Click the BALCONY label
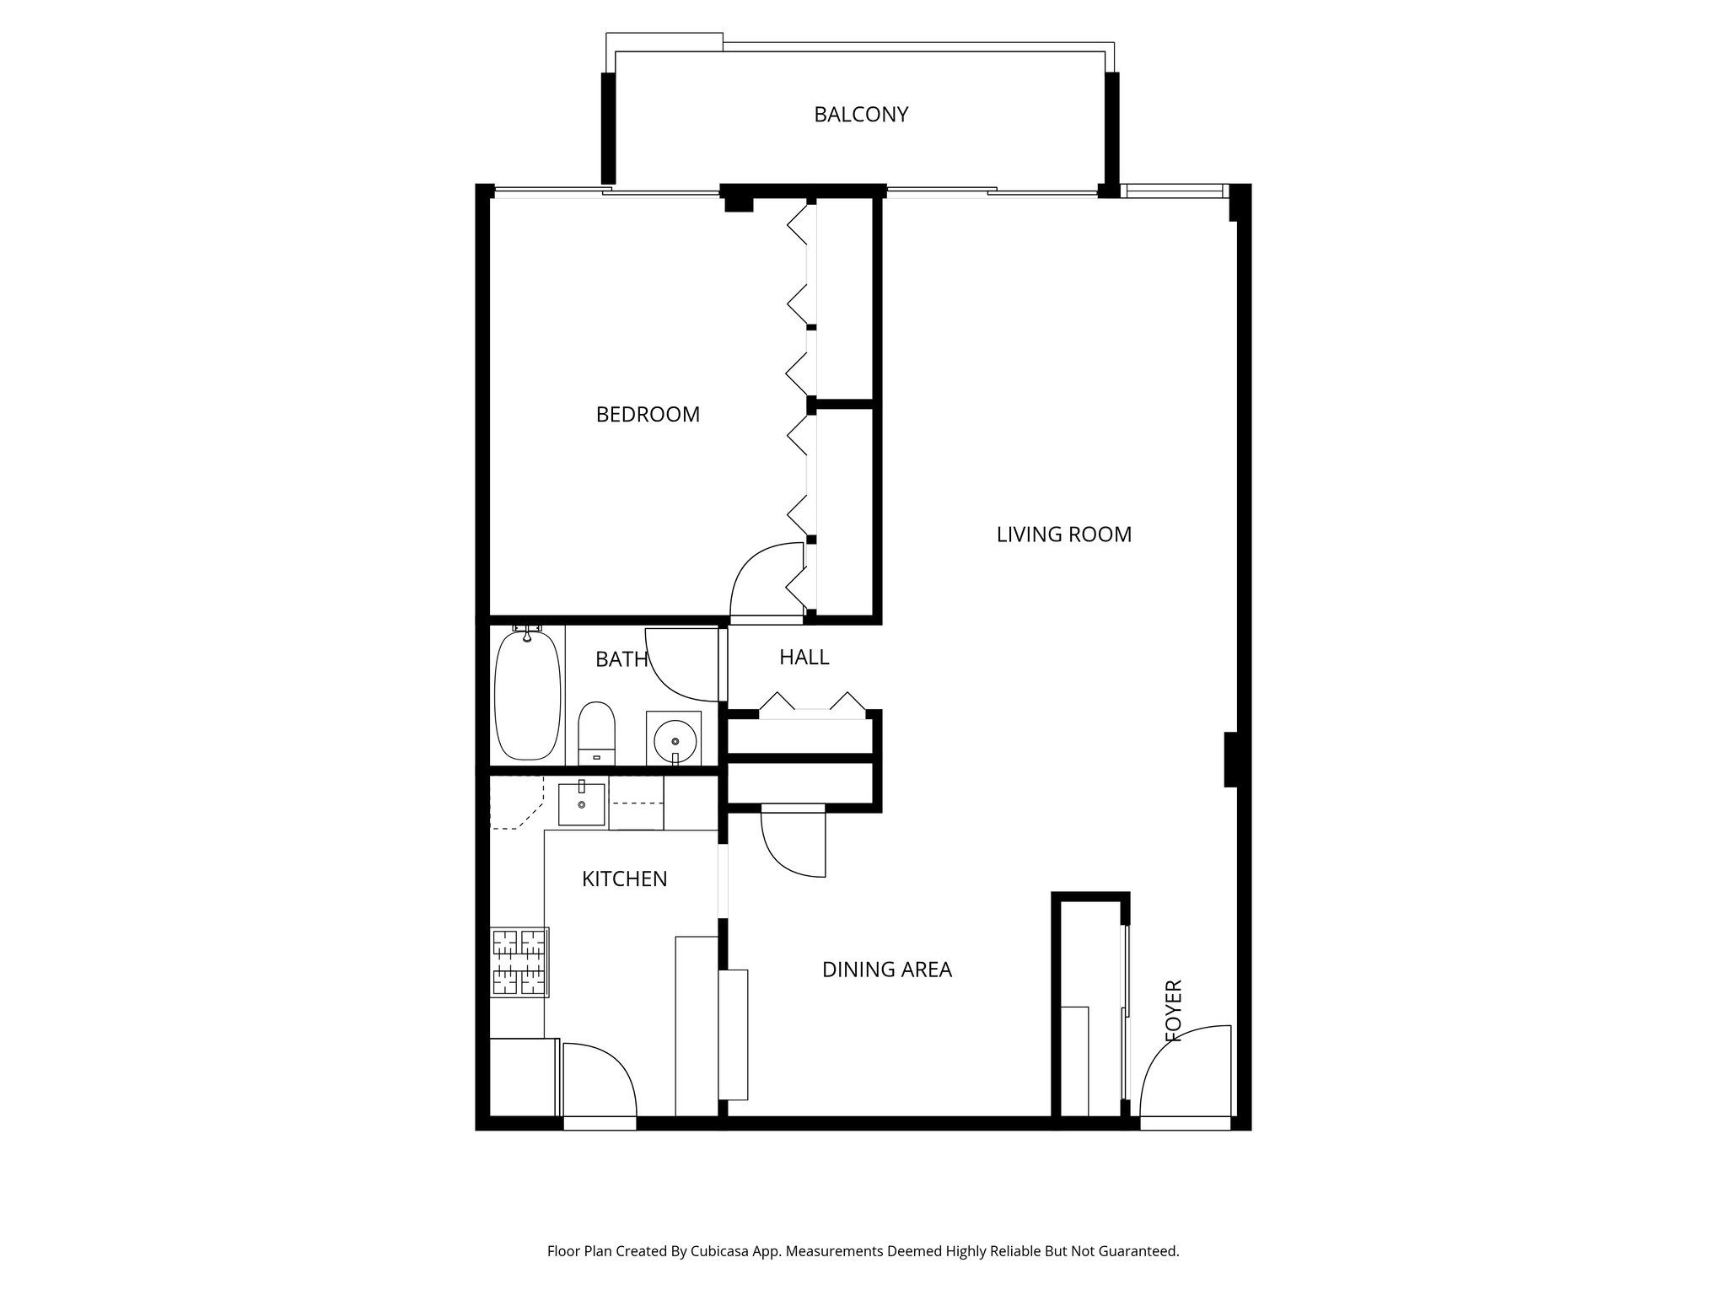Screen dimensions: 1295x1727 coord(860,115)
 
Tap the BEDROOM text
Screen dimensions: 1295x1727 coord(648,415)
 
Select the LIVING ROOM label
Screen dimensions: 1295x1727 coord(1063,535)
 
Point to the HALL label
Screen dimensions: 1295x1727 coord(804,658)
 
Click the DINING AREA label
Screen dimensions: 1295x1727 coord(886,970)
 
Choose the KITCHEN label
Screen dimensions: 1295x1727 coord(624,879)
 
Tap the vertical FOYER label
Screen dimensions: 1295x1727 coord(1173,1010)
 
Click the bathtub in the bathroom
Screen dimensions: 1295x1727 coord(527,693)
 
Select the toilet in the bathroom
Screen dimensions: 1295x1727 coord(596,732)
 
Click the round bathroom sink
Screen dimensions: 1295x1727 coord(674,739)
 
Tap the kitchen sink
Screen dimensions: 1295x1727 coord(581,804)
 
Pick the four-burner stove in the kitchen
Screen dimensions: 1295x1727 coord(519,962)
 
